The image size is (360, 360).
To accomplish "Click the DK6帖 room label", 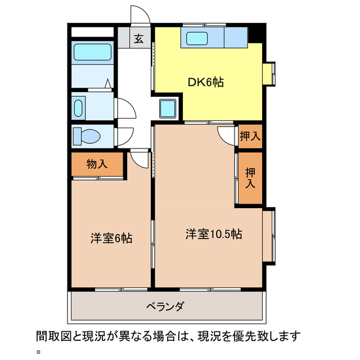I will pos(206,82).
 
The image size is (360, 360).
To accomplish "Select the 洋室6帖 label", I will pos(111,238).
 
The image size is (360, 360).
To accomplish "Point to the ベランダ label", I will pos(165,307).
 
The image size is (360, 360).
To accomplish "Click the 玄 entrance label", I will pos(138,39).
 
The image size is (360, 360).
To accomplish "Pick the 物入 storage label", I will pos(97,164).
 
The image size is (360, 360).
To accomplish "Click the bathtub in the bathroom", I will pos(93,53).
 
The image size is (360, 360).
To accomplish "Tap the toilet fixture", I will pos(87,136).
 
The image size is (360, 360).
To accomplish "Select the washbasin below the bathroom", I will pos(79,106).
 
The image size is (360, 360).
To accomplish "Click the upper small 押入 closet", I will pos(249,136).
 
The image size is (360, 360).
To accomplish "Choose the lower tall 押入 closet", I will pos(250,178).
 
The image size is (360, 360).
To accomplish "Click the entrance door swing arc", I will pos(139,15).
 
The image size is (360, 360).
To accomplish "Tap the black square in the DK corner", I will pos(256,33).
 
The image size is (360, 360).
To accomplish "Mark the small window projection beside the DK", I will pos(271,74).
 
